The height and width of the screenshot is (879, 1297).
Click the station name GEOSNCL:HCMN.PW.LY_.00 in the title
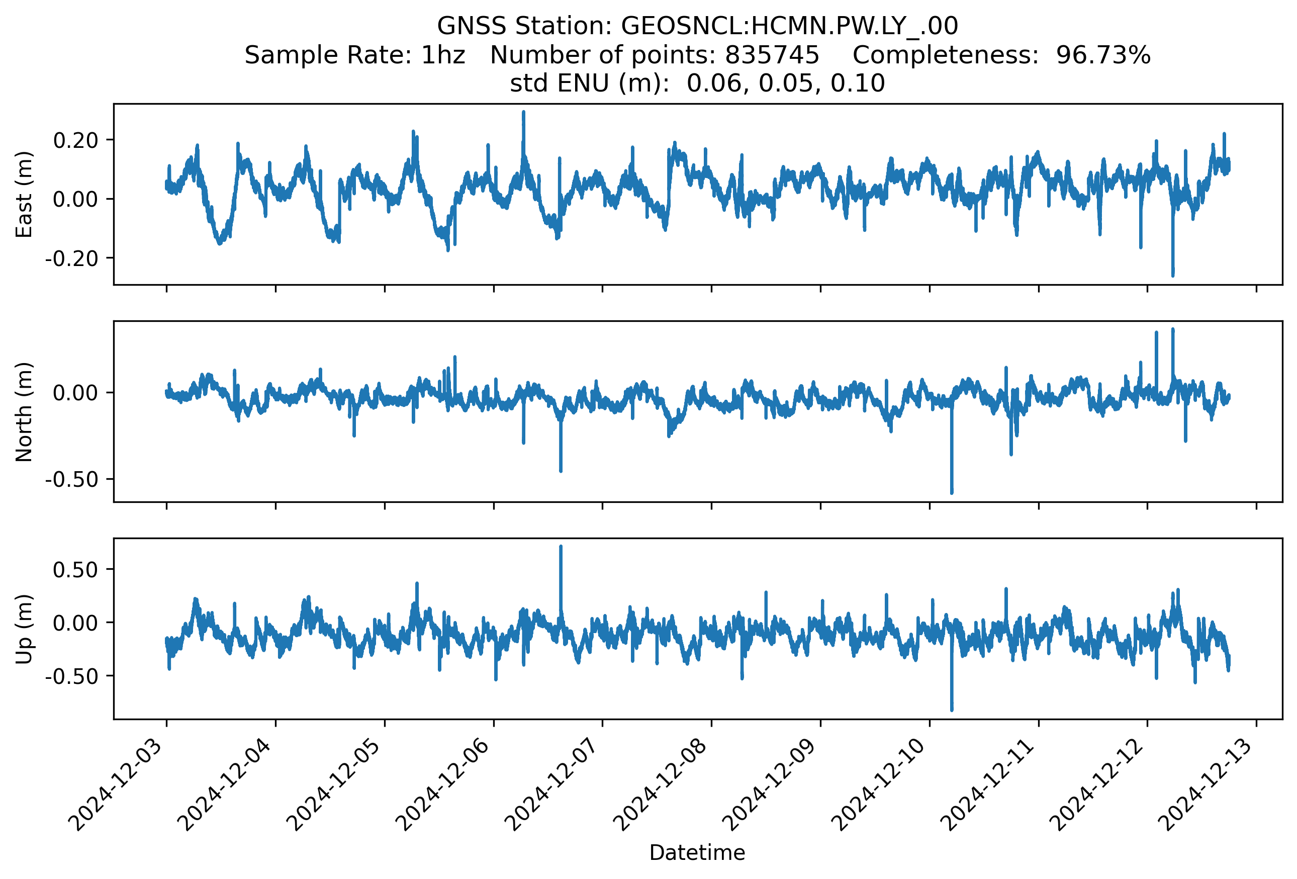789,26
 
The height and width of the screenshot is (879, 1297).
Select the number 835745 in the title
772,55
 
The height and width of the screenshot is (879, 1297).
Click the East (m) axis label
24,194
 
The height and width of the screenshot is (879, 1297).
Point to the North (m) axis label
24,412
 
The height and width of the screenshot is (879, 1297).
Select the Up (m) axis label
24,629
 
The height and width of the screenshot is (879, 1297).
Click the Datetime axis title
697,852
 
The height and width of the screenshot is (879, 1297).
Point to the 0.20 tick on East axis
76,140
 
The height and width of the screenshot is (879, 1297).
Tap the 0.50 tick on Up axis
76,570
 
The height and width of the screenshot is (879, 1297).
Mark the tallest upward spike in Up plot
561,547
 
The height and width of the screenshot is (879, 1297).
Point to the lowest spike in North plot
952,492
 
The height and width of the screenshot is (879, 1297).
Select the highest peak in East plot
523,113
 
